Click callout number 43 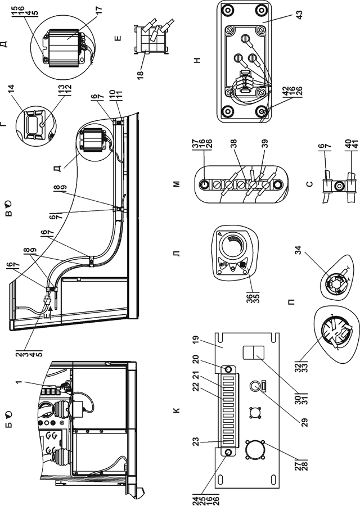pos(300,15)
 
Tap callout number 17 pos(99,10)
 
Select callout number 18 pos(141,74)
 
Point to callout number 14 pos(11,89)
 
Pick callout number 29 pos(305,422)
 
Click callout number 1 pos(19,382)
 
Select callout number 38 pos(234,143)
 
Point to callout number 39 pos(265,143)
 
